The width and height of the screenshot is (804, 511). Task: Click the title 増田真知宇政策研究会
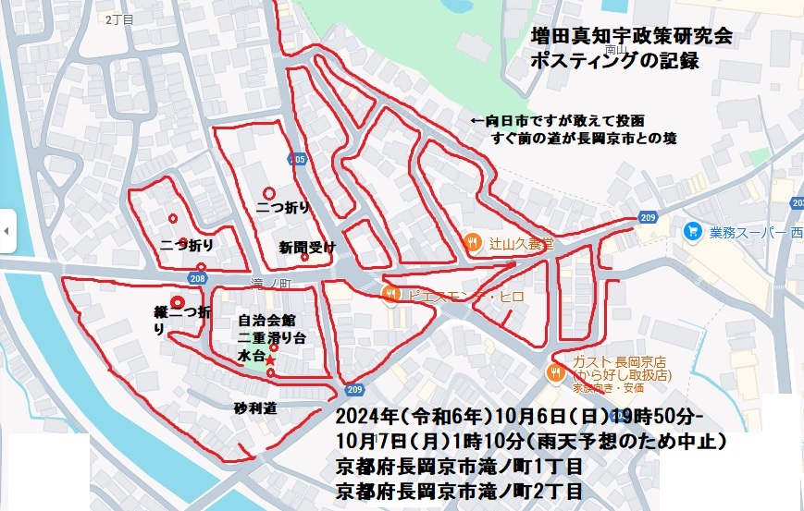click(632, 37)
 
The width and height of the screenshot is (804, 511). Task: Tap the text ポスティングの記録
click(614, 62)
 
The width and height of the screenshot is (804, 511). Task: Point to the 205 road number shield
click(297, 159)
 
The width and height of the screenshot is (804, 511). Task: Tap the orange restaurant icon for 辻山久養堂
click(474, 243)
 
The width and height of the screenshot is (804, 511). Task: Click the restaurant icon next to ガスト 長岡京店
click(555, 371)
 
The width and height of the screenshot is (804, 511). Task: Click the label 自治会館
click(266, 320)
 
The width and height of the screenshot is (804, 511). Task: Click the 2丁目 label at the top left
click(120, 18)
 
